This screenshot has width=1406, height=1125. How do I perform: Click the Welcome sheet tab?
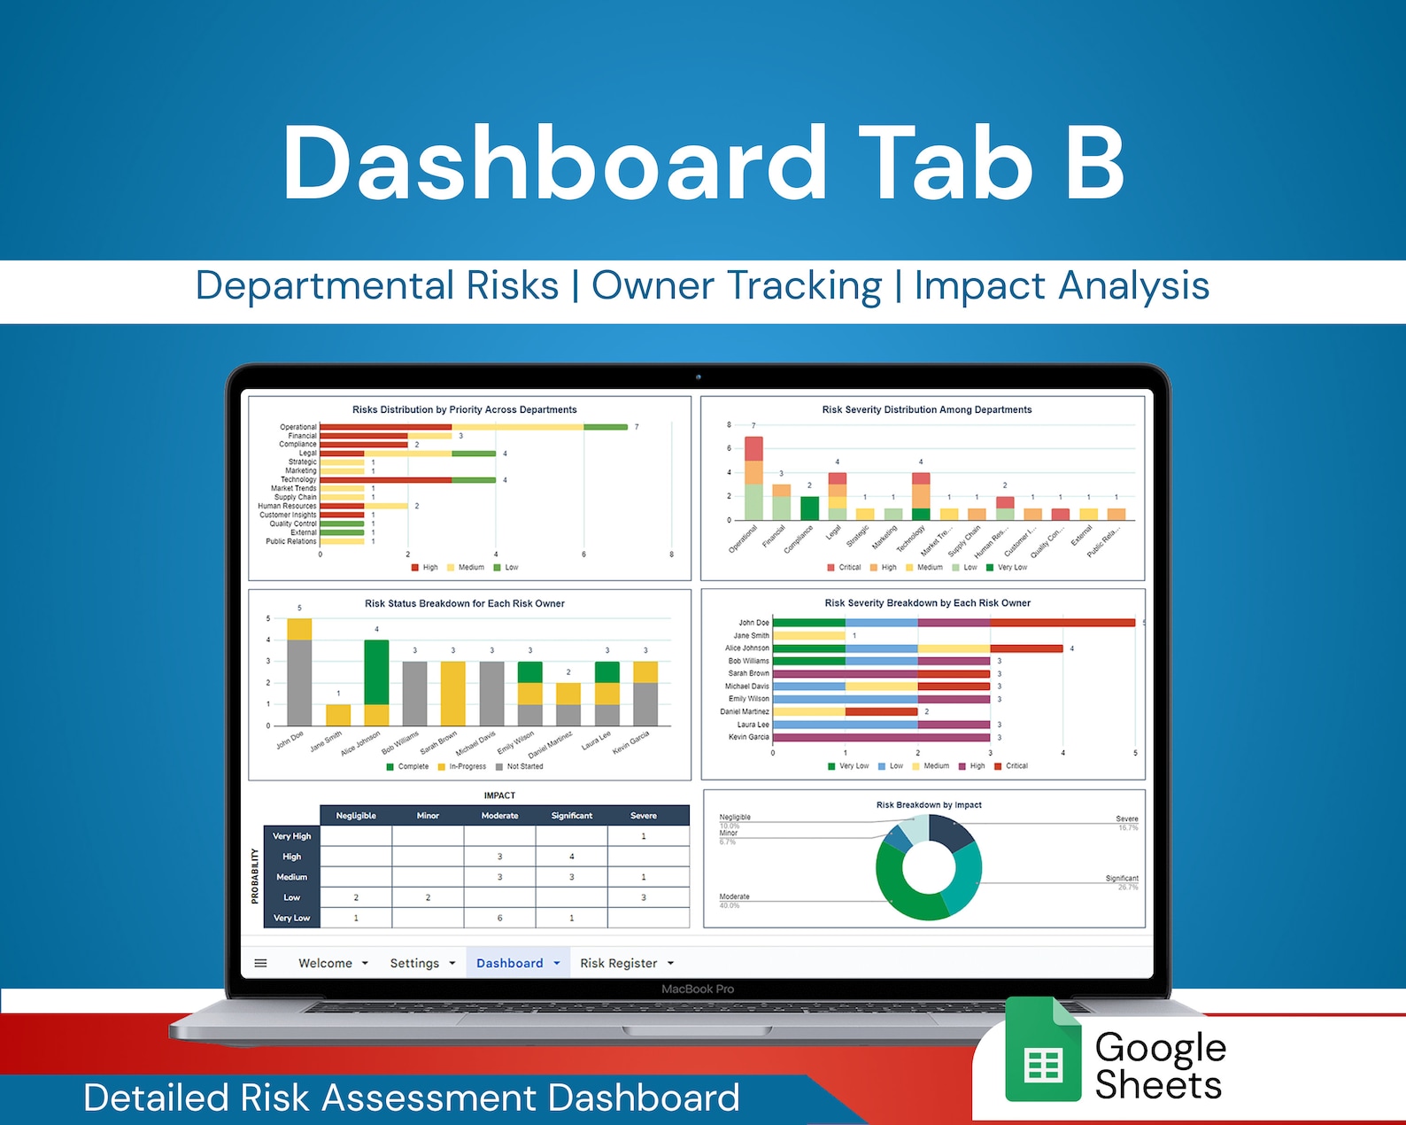325,963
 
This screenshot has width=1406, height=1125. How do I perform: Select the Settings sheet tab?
414,963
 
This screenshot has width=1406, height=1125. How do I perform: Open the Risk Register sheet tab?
618,963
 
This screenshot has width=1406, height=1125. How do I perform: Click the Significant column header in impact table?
571,816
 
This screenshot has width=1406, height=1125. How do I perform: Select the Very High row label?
291,836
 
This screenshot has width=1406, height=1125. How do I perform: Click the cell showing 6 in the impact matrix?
499,919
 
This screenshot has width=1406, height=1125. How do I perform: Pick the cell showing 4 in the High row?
571,857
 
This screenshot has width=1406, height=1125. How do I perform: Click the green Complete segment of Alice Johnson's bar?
376,671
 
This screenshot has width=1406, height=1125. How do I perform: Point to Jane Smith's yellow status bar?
338,715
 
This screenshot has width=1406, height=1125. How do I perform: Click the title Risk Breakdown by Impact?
928,805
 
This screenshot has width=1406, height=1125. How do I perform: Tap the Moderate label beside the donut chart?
734,896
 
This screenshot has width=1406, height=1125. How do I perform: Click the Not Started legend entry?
524,767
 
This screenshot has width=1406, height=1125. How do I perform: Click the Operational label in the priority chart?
298,427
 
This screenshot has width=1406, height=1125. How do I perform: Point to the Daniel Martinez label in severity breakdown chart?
744,712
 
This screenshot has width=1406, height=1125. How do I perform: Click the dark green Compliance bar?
809,508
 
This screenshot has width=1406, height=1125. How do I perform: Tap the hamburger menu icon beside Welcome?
260,963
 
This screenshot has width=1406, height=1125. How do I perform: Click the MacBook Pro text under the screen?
698,989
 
